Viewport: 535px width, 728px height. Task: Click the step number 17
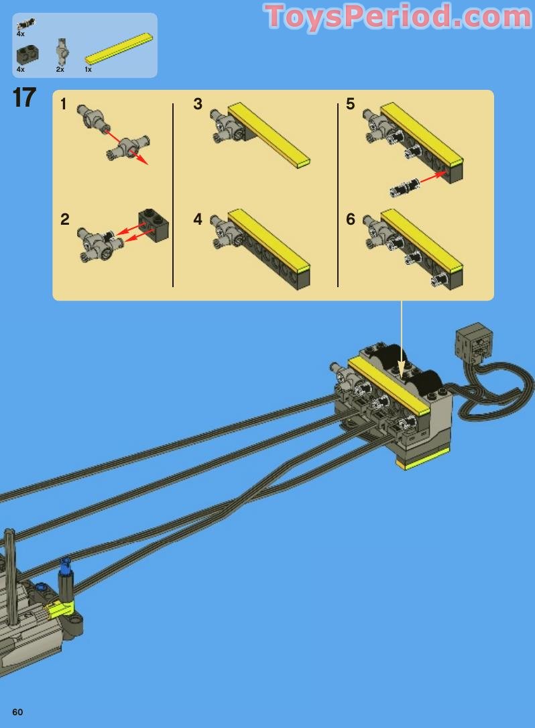coord(24,98)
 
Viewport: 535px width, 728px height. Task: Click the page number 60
coord(17,712)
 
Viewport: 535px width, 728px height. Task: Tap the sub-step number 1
coord(64,104)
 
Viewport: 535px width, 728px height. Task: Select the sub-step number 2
coord(64,219)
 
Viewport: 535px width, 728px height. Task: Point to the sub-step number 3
coord(198,104)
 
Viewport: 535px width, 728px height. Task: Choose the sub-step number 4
coord(198,219)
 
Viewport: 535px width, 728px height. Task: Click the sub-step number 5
coord(350,104)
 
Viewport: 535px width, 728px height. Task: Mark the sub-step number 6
coord(350,219)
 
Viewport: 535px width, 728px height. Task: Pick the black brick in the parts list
coord(27,54)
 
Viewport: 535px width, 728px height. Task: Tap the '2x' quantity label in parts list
coord(60,69)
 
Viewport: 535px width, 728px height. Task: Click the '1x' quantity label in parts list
coord(88,69)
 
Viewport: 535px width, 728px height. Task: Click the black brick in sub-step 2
coord(154,225)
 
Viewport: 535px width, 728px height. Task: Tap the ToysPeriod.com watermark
coord(399,17)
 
